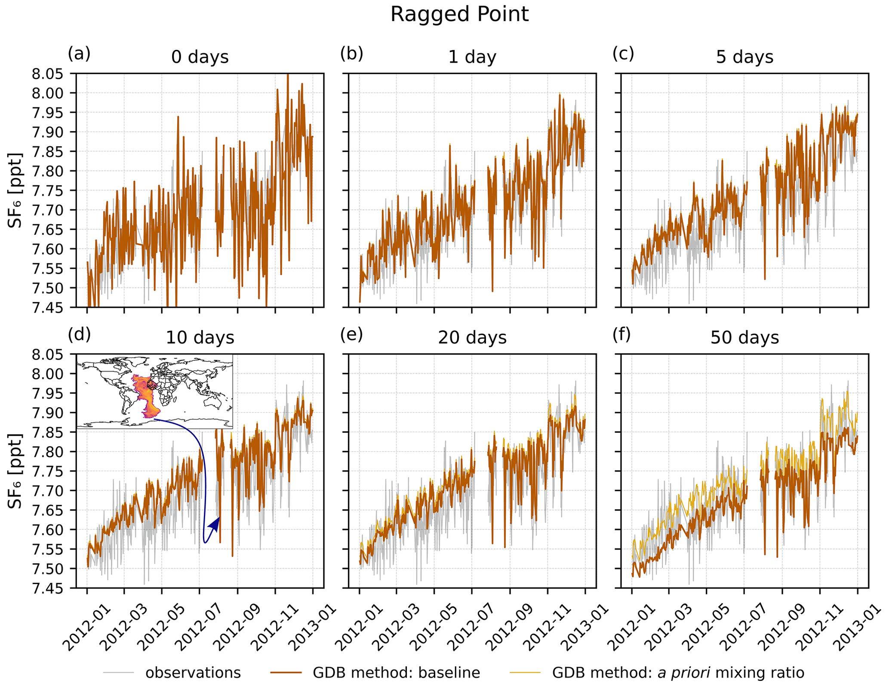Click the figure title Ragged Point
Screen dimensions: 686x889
coord(459,15)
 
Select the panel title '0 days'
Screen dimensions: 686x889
coord(200,57)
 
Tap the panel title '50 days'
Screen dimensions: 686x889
coord(744,338)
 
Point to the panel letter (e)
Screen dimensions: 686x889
coord(351,335)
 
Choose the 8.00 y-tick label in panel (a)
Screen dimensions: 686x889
coord(47,93)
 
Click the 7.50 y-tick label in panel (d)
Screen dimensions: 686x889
coord(47,569)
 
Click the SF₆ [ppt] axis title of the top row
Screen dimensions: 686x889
coord(15,190)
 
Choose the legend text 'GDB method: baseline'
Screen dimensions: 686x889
coord(396,673)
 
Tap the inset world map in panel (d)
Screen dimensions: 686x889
coord(154,391)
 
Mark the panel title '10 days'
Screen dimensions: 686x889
coord(200,338)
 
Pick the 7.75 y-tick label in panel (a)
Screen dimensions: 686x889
coord(47,191)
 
